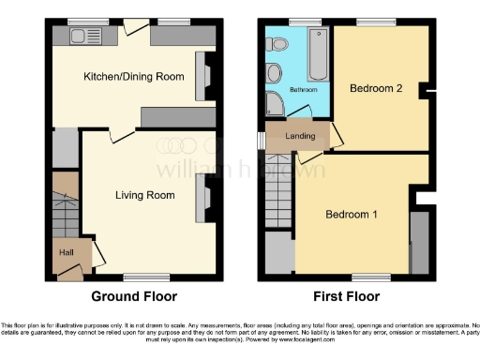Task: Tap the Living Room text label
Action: pos(145,195)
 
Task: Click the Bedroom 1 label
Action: pos(352,215)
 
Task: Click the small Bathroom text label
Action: pos(303,90)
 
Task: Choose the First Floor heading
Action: pos(343,296)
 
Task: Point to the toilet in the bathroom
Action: pos(275,73)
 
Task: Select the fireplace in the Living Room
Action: pos(201,199)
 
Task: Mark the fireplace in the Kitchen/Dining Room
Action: pos(201,76)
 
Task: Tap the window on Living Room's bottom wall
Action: pos(141,276)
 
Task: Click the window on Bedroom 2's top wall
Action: pos(375,21)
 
